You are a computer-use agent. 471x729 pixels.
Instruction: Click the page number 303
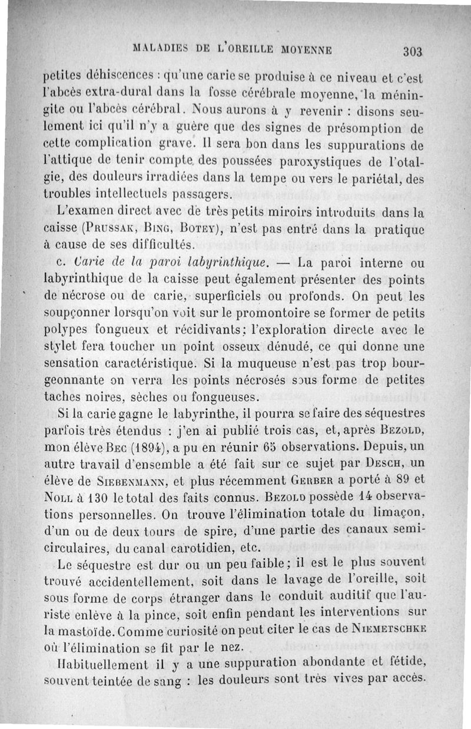[413, 51]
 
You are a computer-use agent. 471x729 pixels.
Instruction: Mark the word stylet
[64, 340]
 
